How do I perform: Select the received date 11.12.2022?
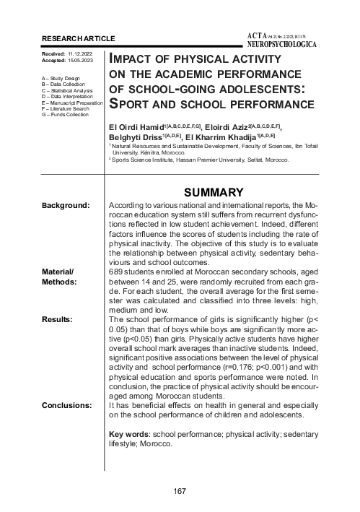(x=81, y=54)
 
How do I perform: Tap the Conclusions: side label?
(x=67, y=405)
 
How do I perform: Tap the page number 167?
(x=180, y=492)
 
